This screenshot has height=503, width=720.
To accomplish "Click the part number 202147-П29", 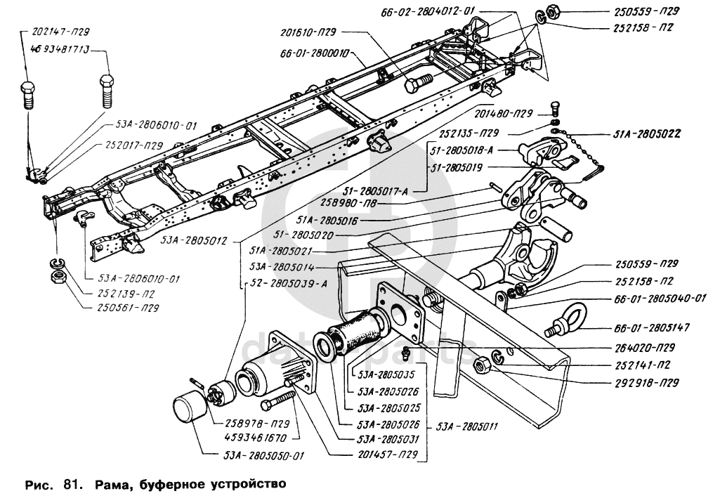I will [60, 32].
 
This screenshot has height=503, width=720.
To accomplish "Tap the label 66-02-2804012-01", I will [438, 11].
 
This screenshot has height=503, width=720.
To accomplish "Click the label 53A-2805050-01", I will [264, 455].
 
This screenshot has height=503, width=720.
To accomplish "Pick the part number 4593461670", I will [252, 437].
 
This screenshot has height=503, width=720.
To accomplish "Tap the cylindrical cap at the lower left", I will [190, 409].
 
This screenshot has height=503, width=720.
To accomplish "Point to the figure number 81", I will [70, 484].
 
